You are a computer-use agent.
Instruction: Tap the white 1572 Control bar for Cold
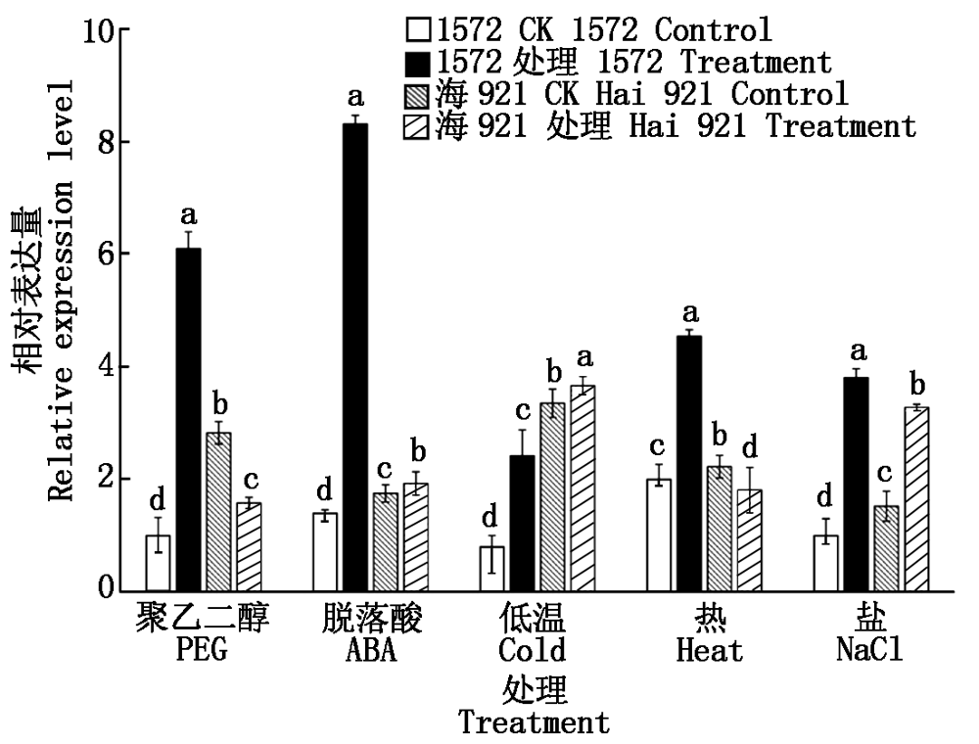(x=492, y=568)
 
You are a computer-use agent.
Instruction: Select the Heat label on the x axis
(x=709, y=650)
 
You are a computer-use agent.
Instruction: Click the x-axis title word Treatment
(x=534, y=723)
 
